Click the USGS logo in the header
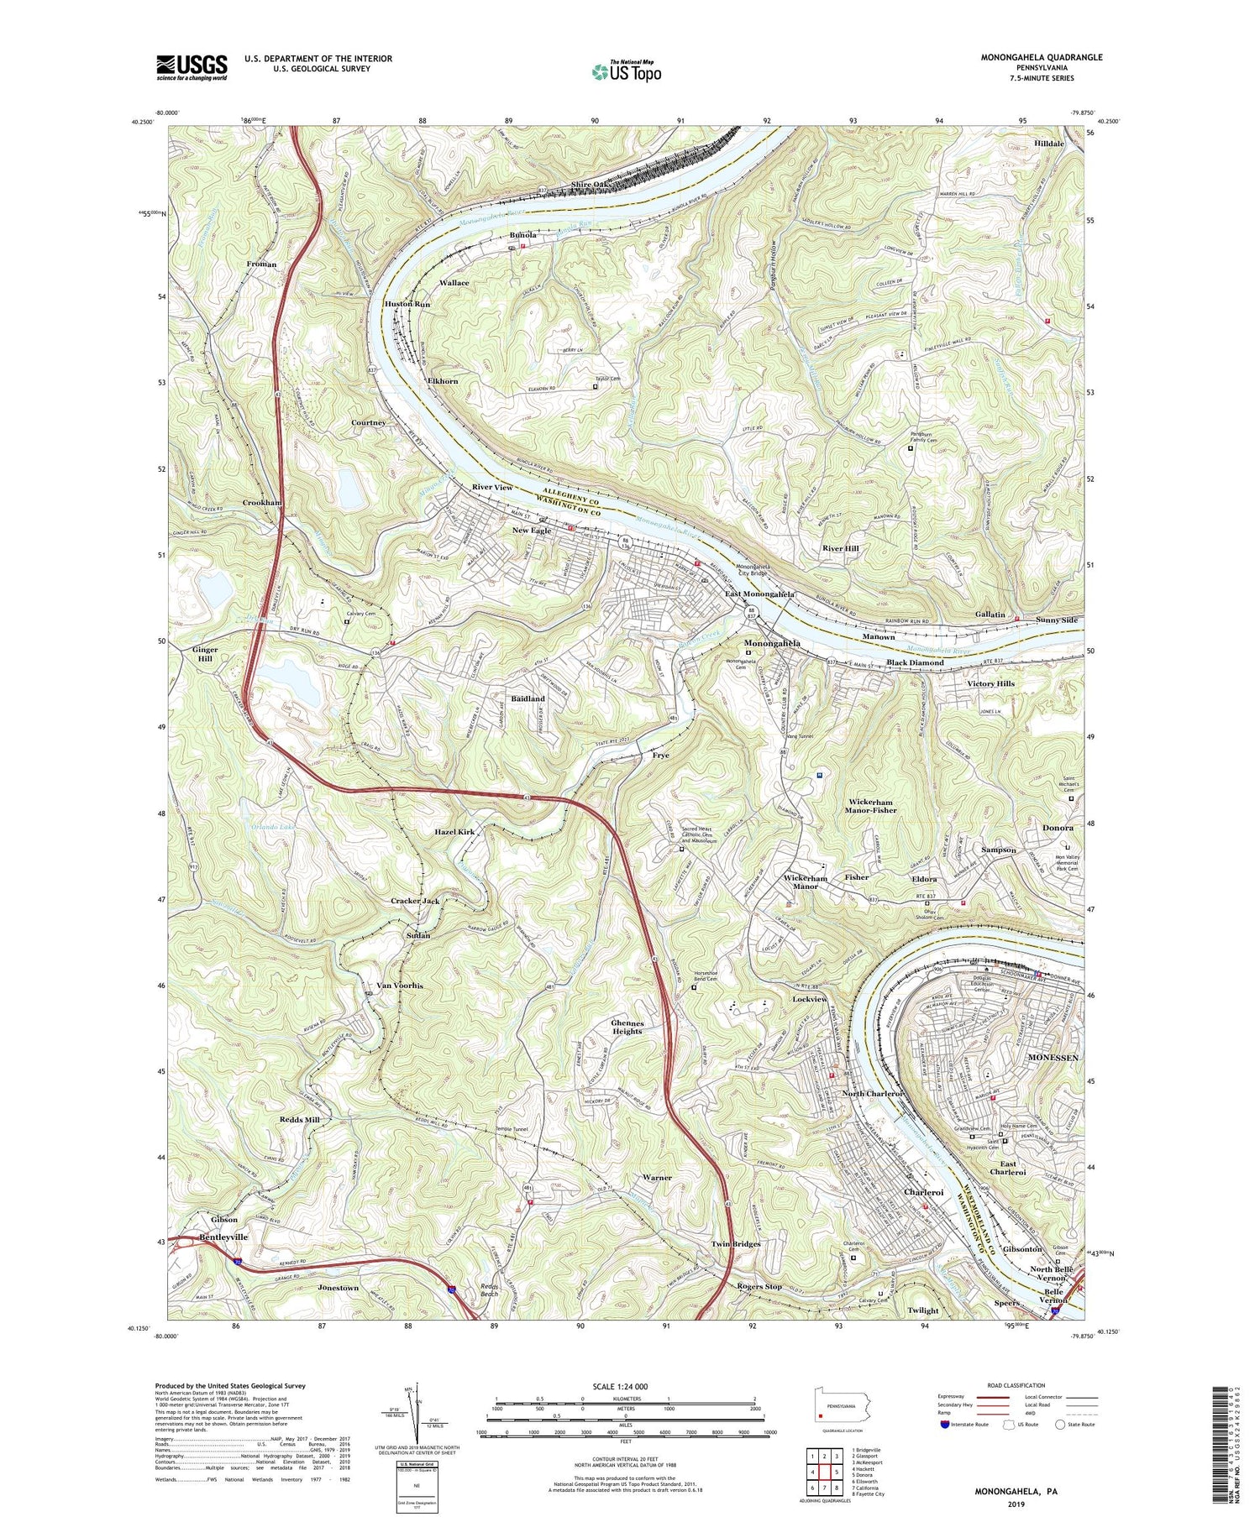(192, 66)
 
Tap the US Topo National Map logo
(625, 71)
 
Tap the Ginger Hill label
(204, 654)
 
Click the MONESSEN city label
(1053, 1059)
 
